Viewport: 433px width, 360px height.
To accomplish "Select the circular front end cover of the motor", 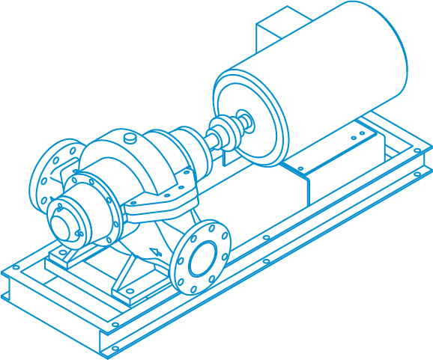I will [x=251, y=116].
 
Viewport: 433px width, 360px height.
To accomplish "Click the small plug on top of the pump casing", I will [x=130, y=138].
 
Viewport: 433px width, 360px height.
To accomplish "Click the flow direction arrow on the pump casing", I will [x=155, y=252].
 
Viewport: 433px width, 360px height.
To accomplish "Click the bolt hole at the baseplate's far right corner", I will [x=417, y=150].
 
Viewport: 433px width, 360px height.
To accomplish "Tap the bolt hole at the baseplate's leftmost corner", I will [x=16, y=266].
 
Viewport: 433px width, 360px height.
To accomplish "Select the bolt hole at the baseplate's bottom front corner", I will [x=115, y=348].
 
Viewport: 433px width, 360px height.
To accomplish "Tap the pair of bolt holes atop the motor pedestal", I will [x=358, y=135].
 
